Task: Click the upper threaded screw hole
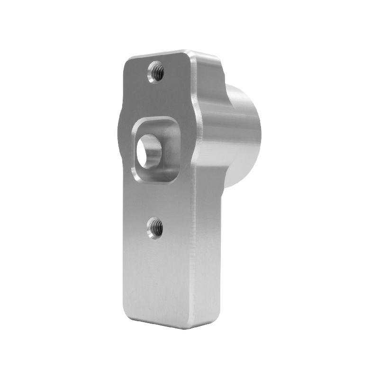156,72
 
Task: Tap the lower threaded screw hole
155,228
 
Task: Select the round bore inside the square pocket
148,151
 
